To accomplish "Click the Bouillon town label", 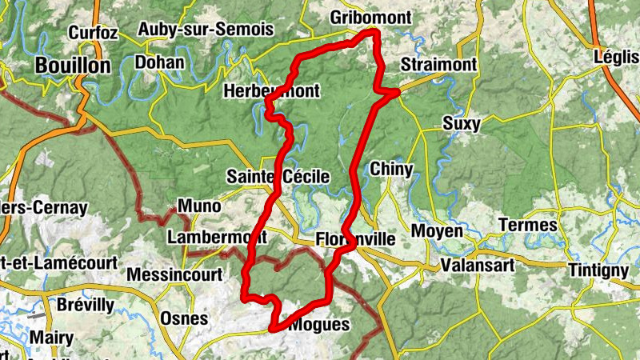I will click(72, 66).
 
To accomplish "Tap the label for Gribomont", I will click(370, 18).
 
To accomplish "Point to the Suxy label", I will click(462, 123).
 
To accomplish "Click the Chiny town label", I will click(391, 169).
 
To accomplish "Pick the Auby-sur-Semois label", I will click(206, 30).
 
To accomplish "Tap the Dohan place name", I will click(160, 62).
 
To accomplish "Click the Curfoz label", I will click(94, 33).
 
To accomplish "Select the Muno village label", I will click(199, 206).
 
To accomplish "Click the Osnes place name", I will click(184, 318).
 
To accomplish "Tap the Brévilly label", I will click(86, 305).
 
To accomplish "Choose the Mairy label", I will click(51, 337).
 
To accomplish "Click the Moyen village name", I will click(437, 231).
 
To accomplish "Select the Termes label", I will click(527, 225).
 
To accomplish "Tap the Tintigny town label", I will click(598, 270).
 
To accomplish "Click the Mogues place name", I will click(319, 325).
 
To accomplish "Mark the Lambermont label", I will click(217, 238).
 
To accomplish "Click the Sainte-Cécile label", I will click(278, 176).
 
